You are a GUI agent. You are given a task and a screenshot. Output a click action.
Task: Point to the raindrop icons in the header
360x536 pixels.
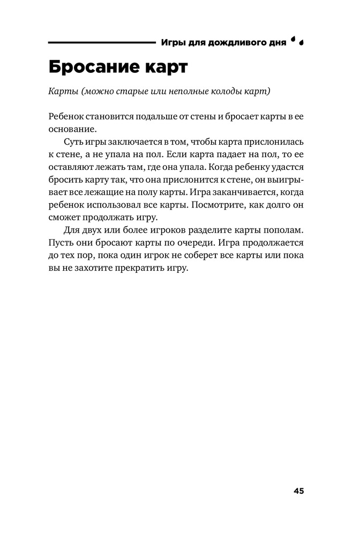coord(297,41)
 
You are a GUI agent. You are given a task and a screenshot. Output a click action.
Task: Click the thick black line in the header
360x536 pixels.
coord(101,42)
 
